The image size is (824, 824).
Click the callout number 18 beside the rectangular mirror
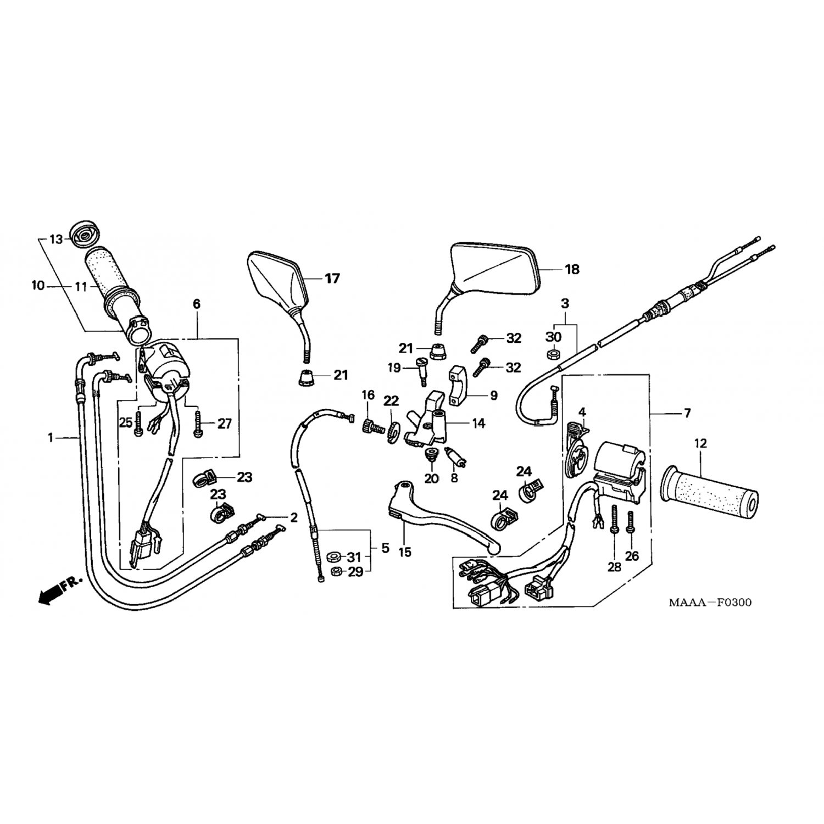pos(572,269)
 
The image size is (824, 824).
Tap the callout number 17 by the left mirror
pos(332,279)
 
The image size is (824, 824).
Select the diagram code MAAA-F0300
pos(710,603)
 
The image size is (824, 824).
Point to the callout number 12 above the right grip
pos(701,443)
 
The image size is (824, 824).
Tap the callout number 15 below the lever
pos(405,552)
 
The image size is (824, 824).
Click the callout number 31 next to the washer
pos(355,558)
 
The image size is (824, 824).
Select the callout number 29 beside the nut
pos(355,572)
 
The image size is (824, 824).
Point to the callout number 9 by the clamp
pos(493,395)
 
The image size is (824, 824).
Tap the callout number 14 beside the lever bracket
pos(478,424)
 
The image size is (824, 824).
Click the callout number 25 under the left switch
pos(126,422)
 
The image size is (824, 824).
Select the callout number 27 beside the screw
pos(225,424)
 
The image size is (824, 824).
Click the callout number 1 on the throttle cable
pos(51,438)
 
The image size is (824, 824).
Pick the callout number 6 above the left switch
pos(197,304)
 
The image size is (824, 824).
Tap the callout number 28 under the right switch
pos(614,567)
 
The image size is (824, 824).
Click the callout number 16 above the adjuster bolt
pos(368,394)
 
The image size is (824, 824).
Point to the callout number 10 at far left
pos(38,286)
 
